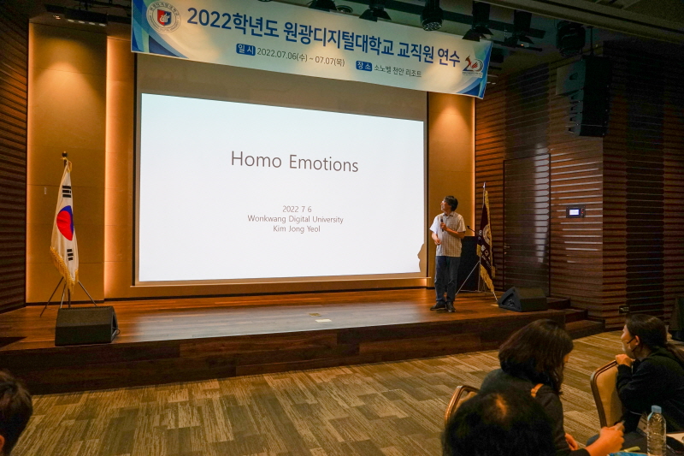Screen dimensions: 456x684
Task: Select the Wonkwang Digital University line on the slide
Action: (x=295, y=219)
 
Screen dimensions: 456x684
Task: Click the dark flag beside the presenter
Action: (x=485, y=240)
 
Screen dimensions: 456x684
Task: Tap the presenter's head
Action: (x=450, y=204)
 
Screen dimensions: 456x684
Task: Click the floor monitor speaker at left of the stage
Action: (x=86, y=325)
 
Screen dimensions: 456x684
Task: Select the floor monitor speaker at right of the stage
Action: (x=522, y=299)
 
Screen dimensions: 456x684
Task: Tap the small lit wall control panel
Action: (x=575, y=211)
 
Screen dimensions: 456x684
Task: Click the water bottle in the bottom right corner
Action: (x=656, y=431)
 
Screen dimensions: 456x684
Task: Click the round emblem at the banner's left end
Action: (x=162, y=16)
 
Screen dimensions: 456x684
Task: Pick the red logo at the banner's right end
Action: (x=473, y=63)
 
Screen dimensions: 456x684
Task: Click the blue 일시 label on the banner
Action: (x=246, y=50)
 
